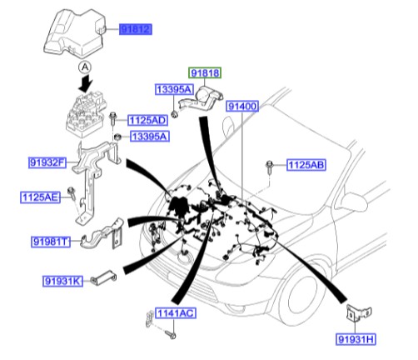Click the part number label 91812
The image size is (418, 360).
pos(134,29)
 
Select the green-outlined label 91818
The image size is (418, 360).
pos(204,74)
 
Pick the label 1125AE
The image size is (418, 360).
pos(40,197)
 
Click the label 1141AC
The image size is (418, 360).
pos(174,313)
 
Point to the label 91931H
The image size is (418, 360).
pos(358,340)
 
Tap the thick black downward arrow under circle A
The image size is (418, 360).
pos(83,85)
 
